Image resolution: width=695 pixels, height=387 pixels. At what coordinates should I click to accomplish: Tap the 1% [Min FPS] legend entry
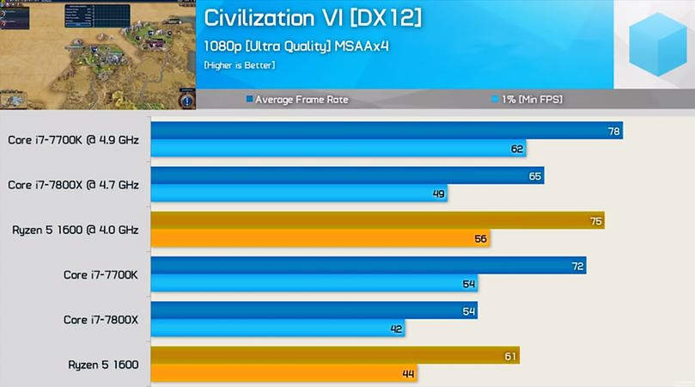tap(527, 100)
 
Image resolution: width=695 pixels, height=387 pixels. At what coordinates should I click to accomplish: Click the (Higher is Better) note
tap(240, 65)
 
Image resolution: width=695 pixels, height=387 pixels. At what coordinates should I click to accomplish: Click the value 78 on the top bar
tap(613, 132)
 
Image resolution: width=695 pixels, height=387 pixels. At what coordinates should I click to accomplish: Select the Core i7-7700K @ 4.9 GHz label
tap(73, 139)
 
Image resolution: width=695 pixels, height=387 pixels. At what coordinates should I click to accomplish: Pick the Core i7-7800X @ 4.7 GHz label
tap(73, 184)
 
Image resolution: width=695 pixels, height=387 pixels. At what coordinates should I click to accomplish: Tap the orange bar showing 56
tap(320, 239)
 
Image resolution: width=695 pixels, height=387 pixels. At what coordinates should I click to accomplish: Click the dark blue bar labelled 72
tap(368, 267)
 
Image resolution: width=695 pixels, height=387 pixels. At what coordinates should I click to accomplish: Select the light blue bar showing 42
tap(277, 329)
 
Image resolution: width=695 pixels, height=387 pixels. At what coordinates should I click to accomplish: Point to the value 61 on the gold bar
tap(510, 356)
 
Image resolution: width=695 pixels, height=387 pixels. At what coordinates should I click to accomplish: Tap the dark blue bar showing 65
tap(347, 176)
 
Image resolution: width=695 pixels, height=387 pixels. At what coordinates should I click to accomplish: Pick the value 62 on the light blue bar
tap(517, 149)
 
